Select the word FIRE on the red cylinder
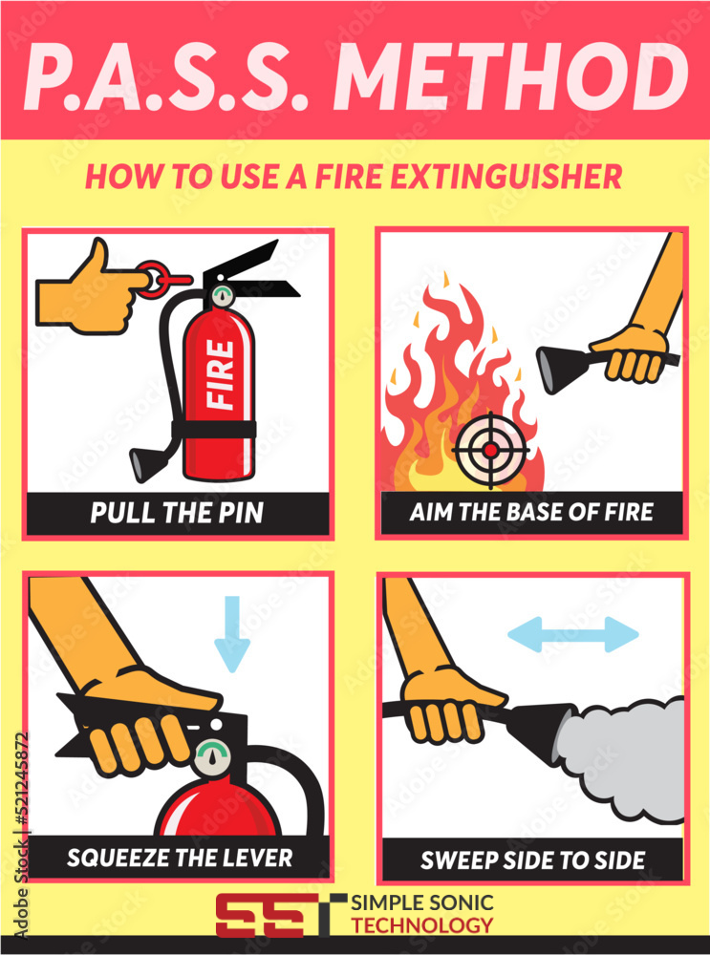tap(220, 374)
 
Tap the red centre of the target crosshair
tap(490, 450)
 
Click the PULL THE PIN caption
tap(177, 513)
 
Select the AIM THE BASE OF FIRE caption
tap(531, 512)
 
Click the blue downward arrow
tap(232, 634)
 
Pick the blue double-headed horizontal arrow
tap(573, 635)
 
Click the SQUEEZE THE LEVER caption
tap(180, 858)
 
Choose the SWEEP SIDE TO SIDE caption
tap(532, 860)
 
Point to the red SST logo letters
tap(274, 916)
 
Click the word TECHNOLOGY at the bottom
tap(421, 925)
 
